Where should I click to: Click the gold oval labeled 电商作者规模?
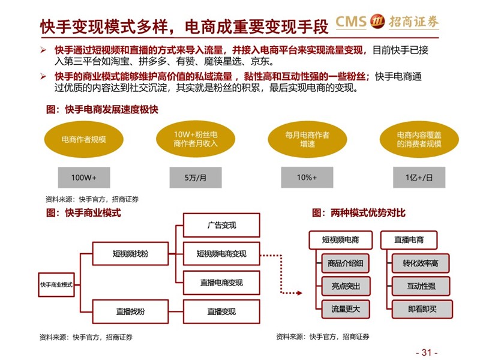coord(83,139)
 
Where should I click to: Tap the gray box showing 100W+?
coord(84,177)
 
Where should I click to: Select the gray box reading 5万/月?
coord(196,177)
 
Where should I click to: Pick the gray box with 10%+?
coord(307,177)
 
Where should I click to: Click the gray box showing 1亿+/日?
coord(419,177)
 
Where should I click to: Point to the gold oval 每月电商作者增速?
coord(307,139)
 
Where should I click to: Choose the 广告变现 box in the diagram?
coord(221,226)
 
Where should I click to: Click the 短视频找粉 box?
coord(130,253)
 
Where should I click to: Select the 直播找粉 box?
coord(130,311)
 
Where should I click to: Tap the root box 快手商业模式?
coord(56,284)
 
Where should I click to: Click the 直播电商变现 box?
coord(221,283)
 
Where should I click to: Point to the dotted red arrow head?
coord(299,293)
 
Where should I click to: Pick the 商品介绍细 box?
coord(346,263)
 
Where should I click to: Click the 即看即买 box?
coord(422,309)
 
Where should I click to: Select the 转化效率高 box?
coord(421,263)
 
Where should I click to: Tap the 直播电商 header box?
coord(409,239)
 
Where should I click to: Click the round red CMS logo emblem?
coord(377,22)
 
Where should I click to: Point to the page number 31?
coord(427,352)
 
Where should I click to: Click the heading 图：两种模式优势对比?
coord(358,213)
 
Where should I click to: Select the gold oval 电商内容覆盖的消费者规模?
coord(419,139)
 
